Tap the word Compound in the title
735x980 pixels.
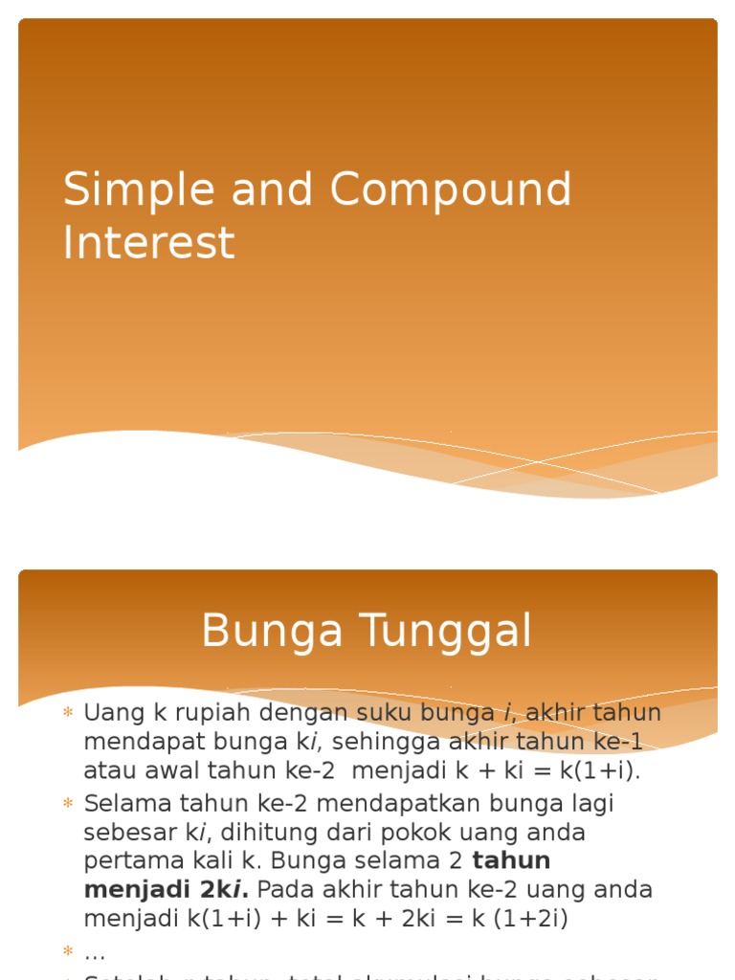click(451, 190)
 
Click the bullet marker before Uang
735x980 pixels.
click(68, 713)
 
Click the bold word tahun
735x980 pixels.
click(511, 860)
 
